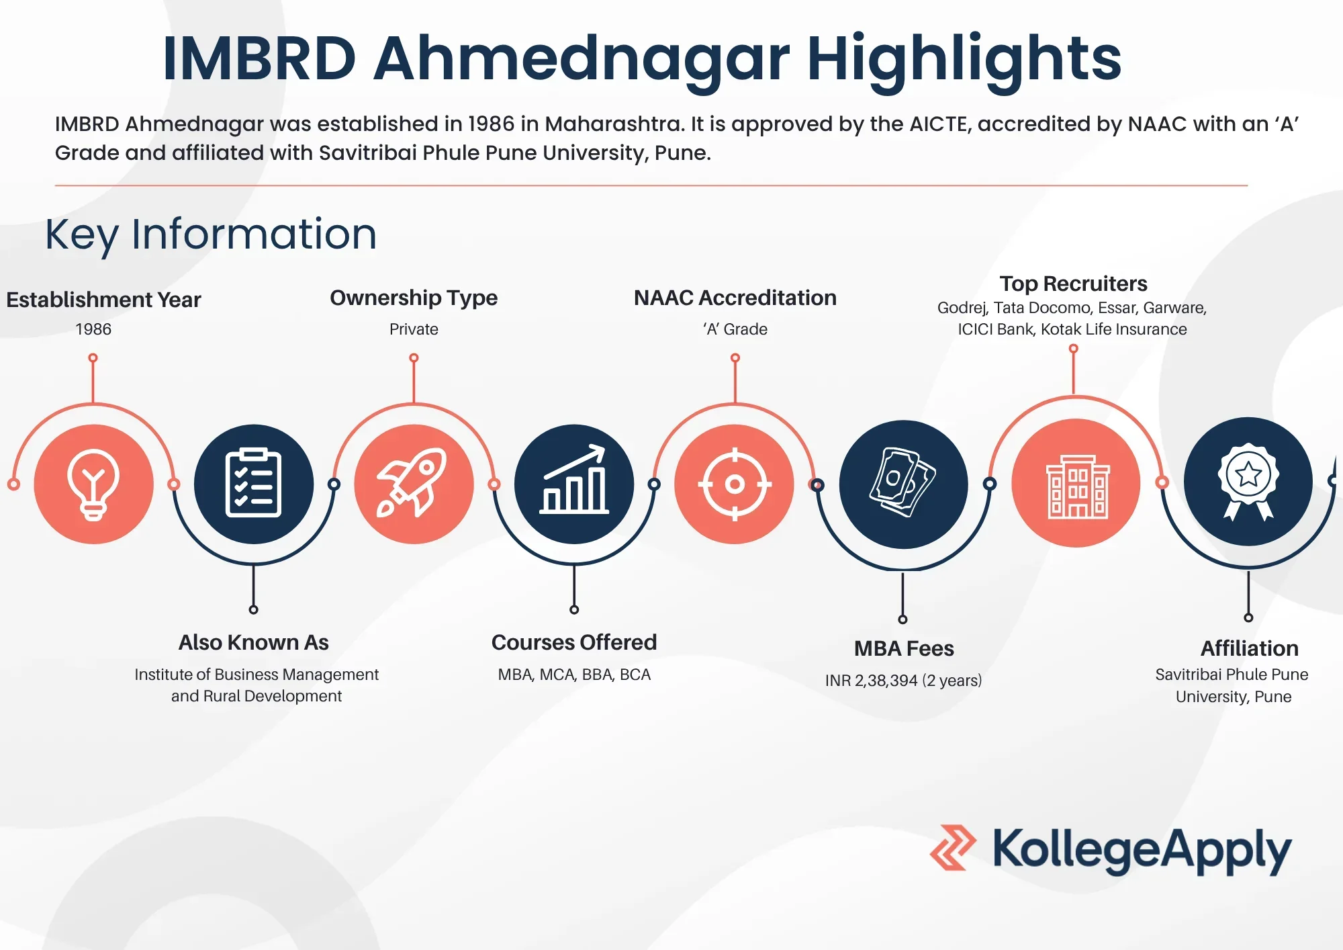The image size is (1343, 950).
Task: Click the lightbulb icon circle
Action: (x=93, y=484)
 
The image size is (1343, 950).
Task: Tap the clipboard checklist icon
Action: (x=253, y=484)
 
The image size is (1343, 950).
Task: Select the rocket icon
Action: (x=414, y=484)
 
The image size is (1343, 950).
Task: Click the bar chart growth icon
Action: (x=574, y=484)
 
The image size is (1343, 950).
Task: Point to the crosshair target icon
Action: (x=735, y=484)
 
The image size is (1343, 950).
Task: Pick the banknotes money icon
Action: (x=903, y=484)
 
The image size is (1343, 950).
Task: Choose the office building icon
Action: (x=1076, y=483)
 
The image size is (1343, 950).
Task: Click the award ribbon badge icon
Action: (x=1248, y=482)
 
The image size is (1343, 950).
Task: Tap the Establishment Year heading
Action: (x=103, y=300)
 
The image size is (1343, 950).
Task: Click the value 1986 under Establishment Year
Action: (x=93, y=329)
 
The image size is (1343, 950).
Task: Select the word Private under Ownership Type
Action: (x=414, y=329)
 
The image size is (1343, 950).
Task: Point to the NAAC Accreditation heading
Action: (x=735, y=298)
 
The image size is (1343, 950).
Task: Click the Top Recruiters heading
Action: (x=1073, y=284)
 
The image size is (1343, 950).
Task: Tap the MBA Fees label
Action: (x=904, y=648)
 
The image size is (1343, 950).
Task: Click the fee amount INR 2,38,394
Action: (x=872, y=681)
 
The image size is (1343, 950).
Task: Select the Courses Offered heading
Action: (x=574, y=642)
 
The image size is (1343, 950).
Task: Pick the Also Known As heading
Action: (x=254, y=642)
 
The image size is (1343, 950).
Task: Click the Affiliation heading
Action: (x=1250, y=648)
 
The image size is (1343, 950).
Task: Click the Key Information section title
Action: (x=211, y=234)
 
